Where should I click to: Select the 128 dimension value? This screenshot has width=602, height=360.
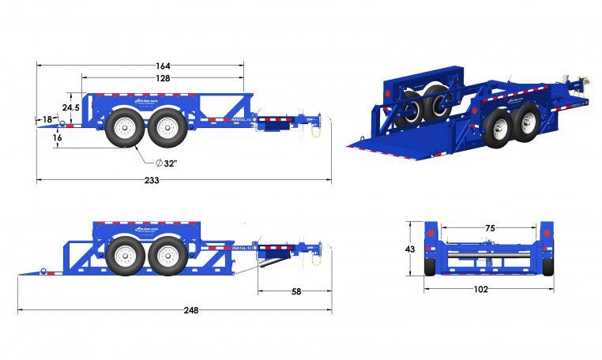[x=164, y=79]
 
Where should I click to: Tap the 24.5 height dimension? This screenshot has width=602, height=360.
[x=70, y=107]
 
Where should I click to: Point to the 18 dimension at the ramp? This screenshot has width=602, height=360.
[x=47, y=119]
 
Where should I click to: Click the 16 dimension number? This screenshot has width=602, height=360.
[x=58, y=137]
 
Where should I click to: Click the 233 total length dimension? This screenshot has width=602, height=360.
[x=152, y=180]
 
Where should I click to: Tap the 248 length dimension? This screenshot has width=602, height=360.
[x=190, y=310]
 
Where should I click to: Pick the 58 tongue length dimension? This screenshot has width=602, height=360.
[x=296, y=291]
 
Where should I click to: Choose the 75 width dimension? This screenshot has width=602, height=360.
[x=490, y=228]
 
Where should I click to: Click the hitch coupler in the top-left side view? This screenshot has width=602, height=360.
[x=318, y=124]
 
